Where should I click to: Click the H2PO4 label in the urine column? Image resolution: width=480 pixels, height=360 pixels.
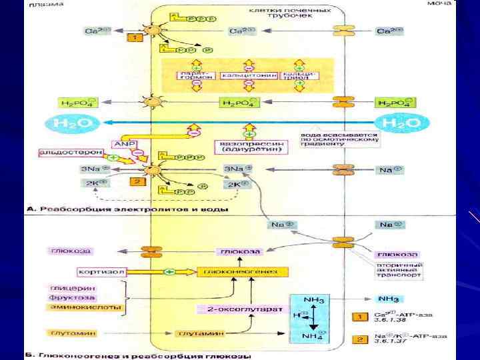(395, 103)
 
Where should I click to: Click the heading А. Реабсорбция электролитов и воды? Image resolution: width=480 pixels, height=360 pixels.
(127, 209)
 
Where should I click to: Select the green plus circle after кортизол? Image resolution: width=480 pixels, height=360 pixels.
(169, 272)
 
